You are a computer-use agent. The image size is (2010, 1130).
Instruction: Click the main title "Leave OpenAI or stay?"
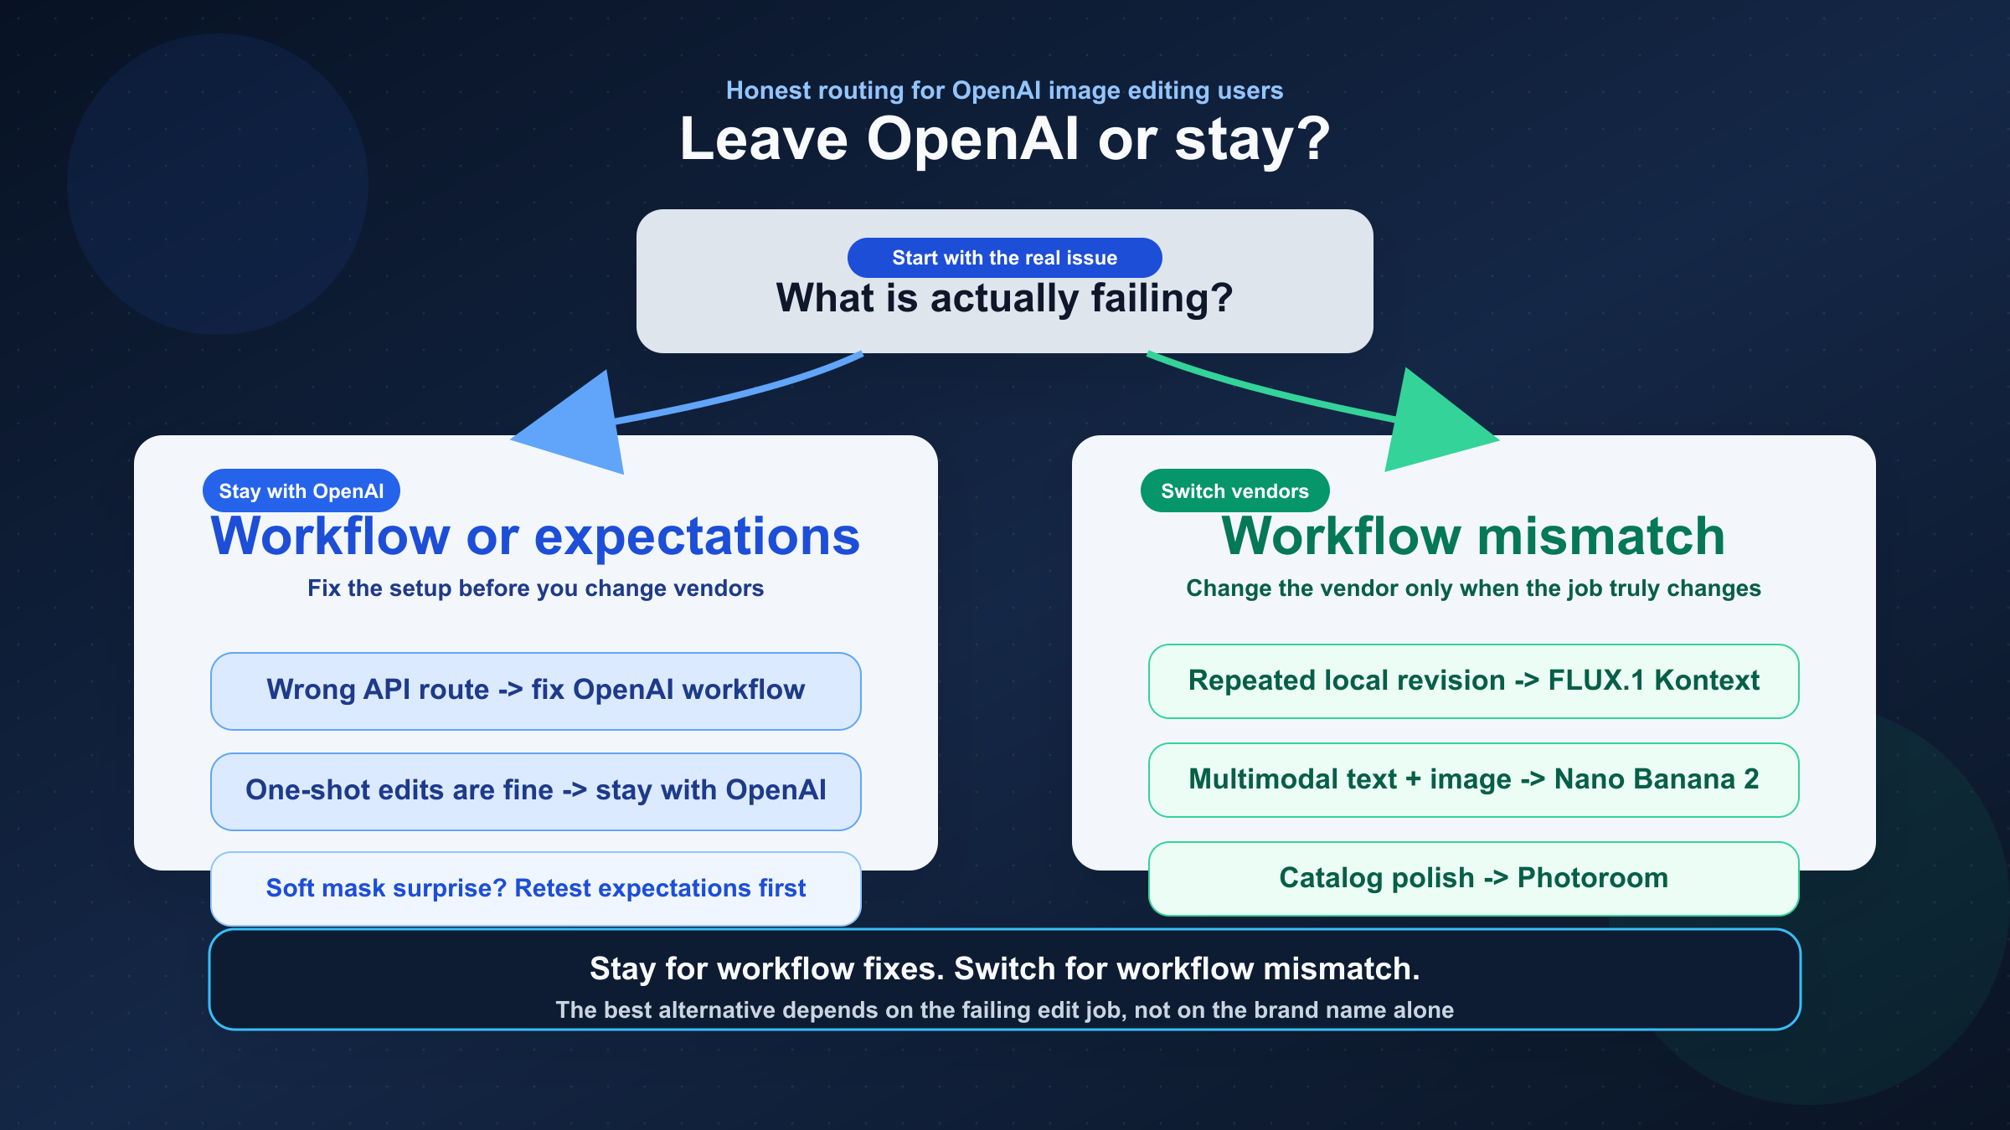(1004, 140)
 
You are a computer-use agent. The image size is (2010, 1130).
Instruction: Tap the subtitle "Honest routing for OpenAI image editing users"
(1004, 90)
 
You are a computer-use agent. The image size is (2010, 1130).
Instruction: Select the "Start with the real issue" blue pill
(1004, 258)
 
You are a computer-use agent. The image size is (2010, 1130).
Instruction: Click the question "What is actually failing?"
(1004, 299)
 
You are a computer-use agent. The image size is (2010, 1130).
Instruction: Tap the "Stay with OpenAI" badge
(301, 491)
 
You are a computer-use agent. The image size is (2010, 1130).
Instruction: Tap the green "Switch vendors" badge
(1234, 491)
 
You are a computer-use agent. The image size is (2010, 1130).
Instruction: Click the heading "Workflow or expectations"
(535, 537)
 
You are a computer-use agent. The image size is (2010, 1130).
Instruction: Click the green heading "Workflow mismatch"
(1473, 537)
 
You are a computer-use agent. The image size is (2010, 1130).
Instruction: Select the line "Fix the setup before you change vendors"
(535, 588)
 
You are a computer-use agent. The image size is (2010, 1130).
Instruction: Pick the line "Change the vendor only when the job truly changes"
(1473, 588)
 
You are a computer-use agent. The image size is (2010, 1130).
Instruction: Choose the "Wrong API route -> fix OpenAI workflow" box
(535, 691)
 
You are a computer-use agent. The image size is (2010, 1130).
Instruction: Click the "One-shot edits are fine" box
(535, 791)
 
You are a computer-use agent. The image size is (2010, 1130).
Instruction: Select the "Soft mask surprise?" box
(535, 888)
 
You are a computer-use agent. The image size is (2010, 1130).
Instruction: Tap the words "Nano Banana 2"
(1656, 779)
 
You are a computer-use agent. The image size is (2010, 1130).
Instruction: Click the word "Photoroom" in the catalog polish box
(1592, 878)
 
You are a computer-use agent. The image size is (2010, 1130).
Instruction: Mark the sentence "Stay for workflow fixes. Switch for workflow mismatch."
(1004, 968)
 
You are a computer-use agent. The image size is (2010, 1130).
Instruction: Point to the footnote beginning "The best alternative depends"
(1004, 1010)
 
